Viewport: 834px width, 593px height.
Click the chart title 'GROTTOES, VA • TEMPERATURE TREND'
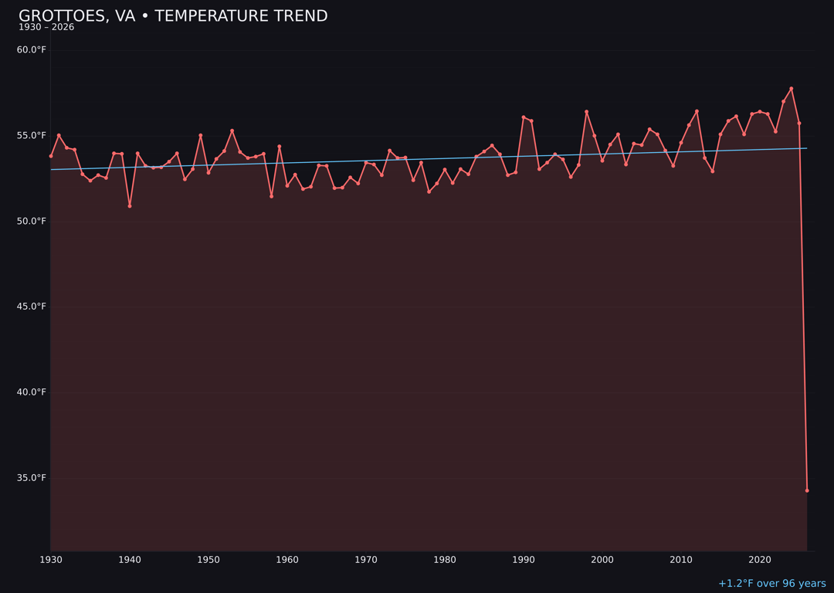point(173,16)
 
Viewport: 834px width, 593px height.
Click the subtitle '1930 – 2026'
point(46,28)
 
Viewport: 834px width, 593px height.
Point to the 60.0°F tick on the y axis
point(32,50)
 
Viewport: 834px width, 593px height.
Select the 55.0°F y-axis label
point(32,136)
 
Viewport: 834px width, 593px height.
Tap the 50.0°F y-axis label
point(32,222)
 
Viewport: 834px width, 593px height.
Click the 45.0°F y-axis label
point(32,307)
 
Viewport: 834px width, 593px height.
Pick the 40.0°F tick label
point(32,392)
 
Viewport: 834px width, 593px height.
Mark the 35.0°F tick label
point(32,478)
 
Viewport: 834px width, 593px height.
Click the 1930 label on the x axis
point(51,560)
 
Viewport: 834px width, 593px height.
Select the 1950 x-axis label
point(208,560)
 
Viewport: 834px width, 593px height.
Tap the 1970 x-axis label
point(366,560)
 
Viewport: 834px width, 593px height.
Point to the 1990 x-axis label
point(524,560)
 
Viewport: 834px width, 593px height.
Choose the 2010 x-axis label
point(681,560)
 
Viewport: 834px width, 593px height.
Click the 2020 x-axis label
point(760,560)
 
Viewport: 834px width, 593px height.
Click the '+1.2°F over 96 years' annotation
point(771,584)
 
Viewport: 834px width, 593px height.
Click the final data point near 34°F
point(807,490)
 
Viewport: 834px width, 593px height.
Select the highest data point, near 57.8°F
point(792,89)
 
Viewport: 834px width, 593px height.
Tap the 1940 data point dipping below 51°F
point(130,206)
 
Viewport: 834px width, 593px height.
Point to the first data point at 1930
point(51,156)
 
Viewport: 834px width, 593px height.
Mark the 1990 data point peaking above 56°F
point(524,117)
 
